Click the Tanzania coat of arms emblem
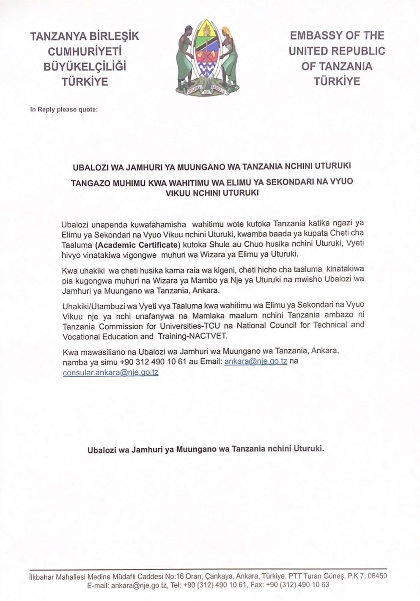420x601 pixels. pyautogui.click(x=207, y=58)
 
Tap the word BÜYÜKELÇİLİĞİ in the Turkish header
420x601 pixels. pyautogui.click(x=85, y=66)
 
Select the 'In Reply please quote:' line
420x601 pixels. pyautogui.click(x=64, y=110)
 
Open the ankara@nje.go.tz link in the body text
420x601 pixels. pyautogui.click(x=256, y=361)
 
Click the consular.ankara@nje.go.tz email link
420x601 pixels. pyautogui.click(x=110, y=372)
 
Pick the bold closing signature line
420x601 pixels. pyautogui.click(x=206, y=449)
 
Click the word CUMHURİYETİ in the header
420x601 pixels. pyautogui.click(x=85, y=52)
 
